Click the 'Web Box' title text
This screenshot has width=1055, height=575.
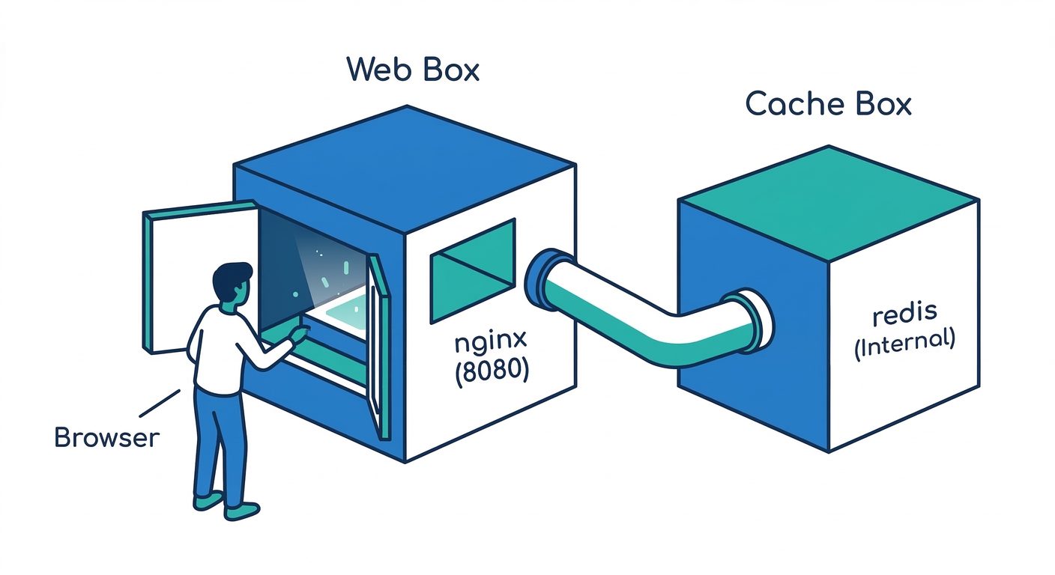pyautogui.click(x=413, y=70)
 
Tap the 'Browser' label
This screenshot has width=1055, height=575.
pyautogui.click(x=107, y=437)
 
